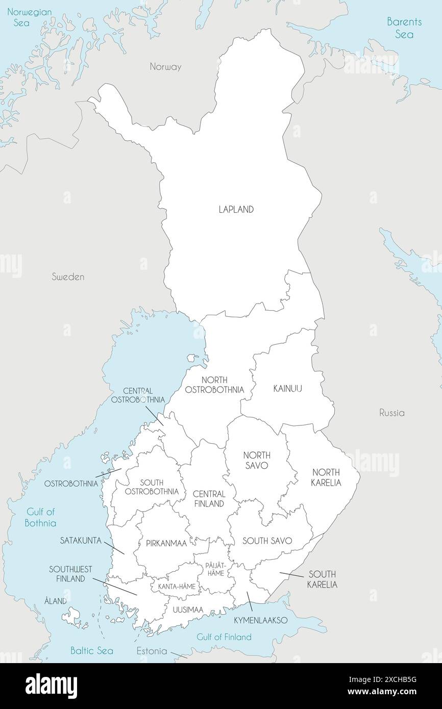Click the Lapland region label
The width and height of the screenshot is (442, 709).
[x=236, y=210]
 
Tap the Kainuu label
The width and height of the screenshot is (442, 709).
[x=287, y=389]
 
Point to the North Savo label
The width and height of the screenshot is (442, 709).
[x=257, y=460]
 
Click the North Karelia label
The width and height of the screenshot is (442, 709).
[x=326, y=477]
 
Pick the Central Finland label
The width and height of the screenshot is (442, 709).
[x=209, y=499]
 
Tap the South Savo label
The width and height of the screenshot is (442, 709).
[x=267, y=541]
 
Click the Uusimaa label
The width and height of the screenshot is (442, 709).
[x=188, y=610]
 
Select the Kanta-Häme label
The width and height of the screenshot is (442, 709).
[x=177, y=587]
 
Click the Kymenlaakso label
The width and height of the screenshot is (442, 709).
[x=261, y=621]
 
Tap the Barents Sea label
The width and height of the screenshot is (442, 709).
[x=404, y=28]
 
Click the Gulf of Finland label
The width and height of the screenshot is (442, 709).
[x=224, y=637]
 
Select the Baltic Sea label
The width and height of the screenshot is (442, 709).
[x=92, y=651]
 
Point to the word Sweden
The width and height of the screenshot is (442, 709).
[x=68, y=277]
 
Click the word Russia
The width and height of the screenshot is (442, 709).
[x=391, y=413]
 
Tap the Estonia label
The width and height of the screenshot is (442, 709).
[x=152, y=651]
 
